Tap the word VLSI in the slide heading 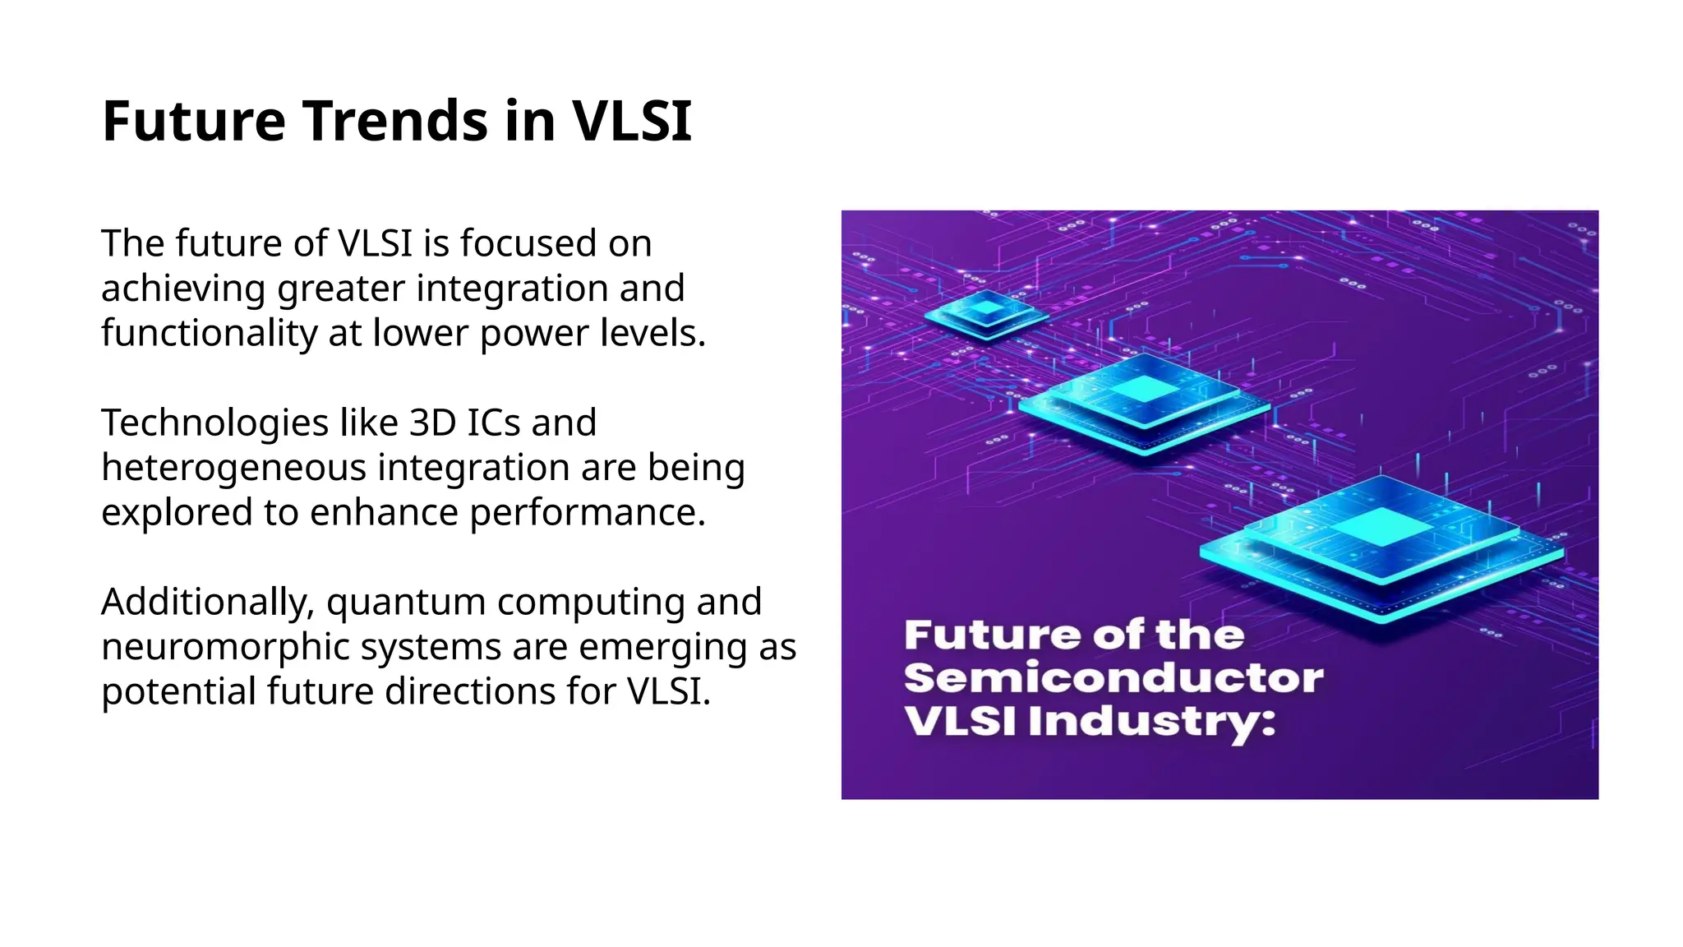pyautogui.click(x=631, y=122)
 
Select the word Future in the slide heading pyautogui.click(x=194, y=122)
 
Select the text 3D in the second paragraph pyautogui.click(x=432, y=423)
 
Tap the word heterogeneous pyautogui.click(x=233, y=468)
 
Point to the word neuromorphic pyautogui.click(x=225, y=647)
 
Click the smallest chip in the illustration pyautogui.click(x=985, y=313)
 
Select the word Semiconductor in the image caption pyautogui.click(x=1114, y=679)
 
